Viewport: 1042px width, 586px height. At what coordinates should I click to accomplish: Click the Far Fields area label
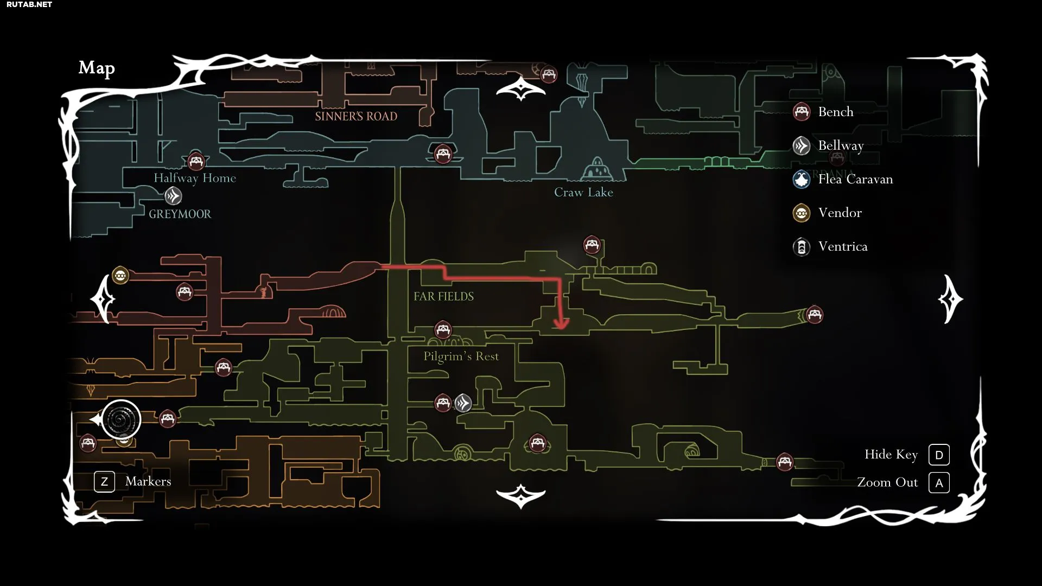click(x=443, y=296)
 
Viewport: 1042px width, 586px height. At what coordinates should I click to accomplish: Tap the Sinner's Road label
click(x=356, y=116)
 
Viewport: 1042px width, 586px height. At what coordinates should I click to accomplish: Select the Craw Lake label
click(x=583, y=192)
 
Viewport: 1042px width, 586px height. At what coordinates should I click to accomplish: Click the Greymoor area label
click(x=180, y=214)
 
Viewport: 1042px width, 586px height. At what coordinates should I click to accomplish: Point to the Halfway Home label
click(x=195, y=178)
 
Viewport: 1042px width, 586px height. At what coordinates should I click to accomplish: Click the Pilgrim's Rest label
click(x=461, y=356)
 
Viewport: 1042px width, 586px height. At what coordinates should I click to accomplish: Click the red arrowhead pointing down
click(x=561, y=324)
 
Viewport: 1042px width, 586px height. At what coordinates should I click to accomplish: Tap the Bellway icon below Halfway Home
click(x=173, y=195)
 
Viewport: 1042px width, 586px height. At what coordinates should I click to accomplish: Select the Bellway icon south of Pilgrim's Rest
click(x=463, y=403)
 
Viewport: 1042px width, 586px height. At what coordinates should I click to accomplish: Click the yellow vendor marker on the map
click(x=120, y=276)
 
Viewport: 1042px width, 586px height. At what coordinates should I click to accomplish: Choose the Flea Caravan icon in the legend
click(x=802, y=179)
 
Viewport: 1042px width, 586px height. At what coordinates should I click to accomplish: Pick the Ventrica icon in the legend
click(x=802, y=247)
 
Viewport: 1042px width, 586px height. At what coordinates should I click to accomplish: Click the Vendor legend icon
click(x=802, y=213)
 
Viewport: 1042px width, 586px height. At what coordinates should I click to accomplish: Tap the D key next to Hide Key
click(x=939, y=455)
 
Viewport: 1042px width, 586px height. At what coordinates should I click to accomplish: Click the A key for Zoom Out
click(x=939, y=483)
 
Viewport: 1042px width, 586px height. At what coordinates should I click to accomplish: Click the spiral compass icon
click(x=121, y=419)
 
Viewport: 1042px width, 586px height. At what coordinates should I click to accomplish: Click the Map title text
click(x=97, y=68)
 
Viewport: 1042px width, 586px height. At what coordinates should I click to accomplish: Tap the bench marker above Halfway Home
click(x=196, y=161)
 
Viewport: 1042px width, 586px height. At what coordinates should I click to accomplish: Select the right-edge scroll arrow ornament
click(x=950, y=299)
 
